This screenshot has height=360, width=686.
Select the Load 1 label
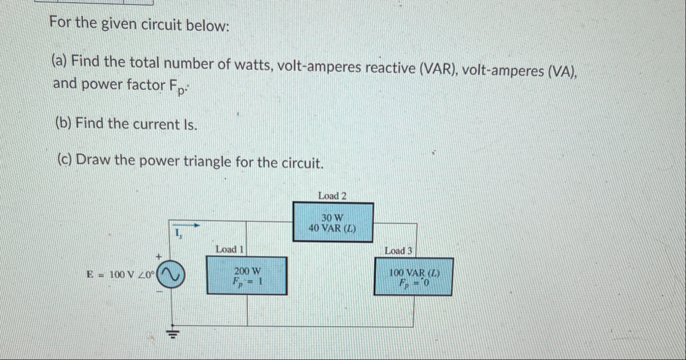tap(230, 250)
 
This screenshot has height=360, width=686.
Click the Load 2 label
tap(332, 196)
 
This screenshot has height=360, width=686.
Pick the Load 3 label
tap(399, 251)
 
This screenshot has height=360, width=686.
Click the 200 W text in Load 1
tap(247, 271)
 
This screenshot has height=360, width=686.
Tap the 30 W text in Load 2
tap(333, 217)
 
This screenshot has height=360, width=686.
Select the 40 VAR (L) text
tap(332, 228)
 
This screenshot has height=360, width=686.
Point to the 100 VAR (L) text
tap(414, 273)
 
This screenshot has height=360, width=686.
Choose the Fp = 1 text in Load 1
tap(248, 281)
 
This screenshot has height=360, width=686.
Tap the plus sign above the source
tap(158, 256)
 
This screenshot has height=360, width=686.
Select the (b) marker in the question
tap(64, 123)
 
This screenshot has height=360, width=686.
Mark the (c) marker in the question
tap(65, 160)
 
